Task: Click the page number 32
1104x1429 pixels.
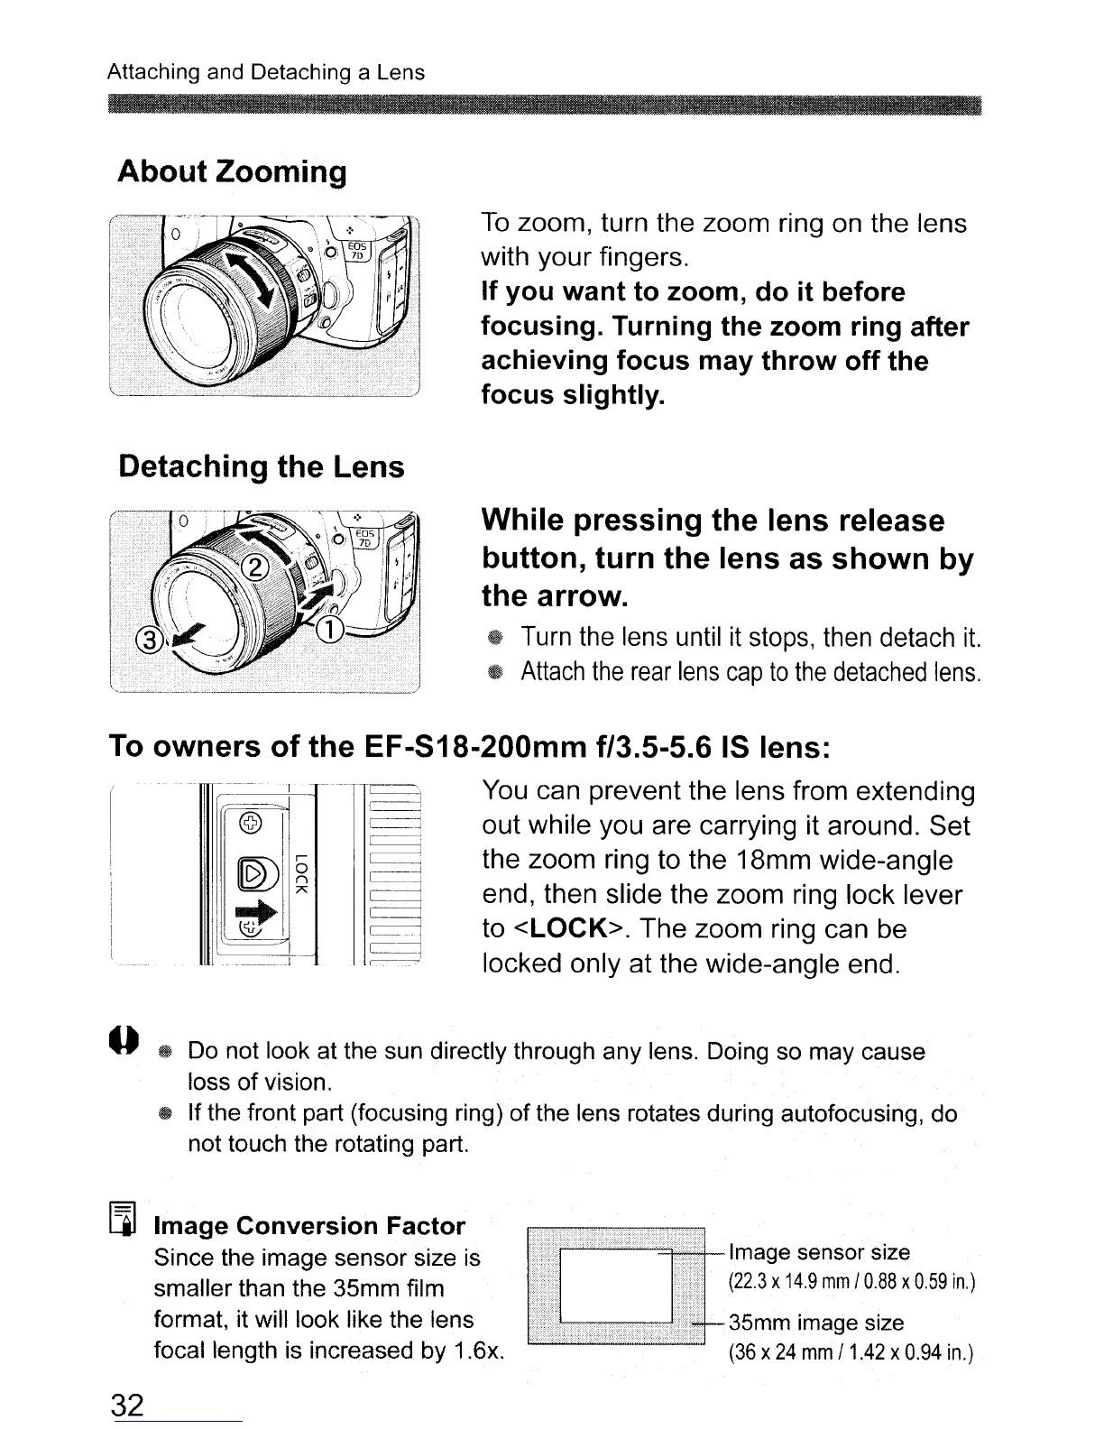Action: pyautogui.click(x=127, y=1405)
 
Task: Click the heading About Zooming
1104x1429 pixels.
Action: pyautogui.click(x=232, y=171)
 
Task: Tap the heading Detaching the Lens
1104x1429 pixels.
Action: pyautogui.click(x=262, y=466)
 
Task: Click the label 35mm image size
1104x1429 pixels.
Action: pyautogui.click(x=816, y=1323)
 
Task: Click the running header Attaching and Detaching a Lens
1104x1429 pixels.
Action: pyautogui.click(x=266, y=71)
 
